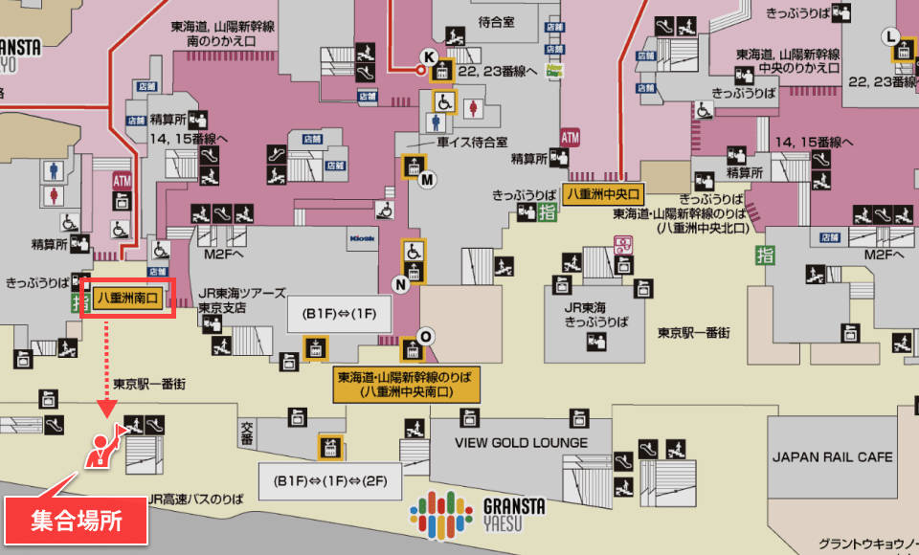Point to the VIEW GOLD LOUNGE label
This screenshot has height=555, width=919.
(x=521, y=442)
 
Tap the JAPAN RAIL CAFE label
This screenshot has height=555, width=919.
(x=833, y=456)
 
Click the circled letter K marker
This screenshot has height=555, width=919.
(x=428, y=55)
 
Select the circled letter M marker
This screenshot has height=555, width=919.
(x=427, y=179)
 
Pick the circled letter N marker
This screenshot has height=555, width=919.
(x=401, y=283)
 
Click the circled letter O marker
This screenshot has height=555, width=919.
(x=426, y=335)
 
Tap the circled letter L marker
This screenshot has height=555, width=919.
(x=891, y=36)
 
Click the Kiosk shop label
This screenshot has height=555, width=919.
(x=362, y=236)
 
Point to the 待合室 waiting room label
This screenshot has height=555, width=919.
(x=497, y=21)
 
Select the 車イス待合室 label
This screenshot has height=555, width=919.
(x=471, y=142)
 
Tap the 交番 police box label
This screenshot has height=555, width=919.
(x=247, y=433)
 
